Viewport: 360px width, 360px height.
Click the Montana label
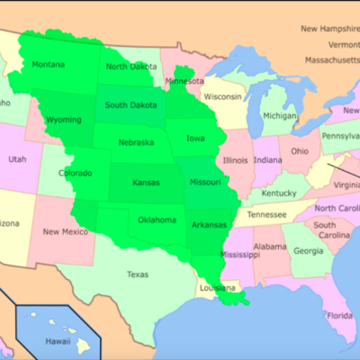[x=48, y=64]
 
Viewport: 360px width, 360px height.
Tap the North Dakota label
[x=130, y=66]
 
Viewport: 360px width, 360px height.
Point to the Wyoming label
[x=63, y=120]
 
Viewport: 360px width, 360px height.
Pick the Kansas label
[x=145, y=182]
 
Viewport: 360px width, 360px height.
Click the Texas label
[x=138, y=274]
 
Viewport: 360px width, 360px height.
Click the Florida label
[x=340, y=315]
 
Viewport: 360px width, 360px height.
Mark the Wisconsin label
[x=222, y=96]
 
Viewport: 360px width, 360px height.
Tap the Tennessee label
[x=267, y=215]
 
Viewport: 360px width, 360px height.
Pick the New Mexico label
[x=65, y=232]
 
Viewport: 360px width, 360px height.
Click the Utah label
[x=17, y=159]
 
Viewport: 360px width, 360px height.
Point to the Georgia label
[x=309, y=250]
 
